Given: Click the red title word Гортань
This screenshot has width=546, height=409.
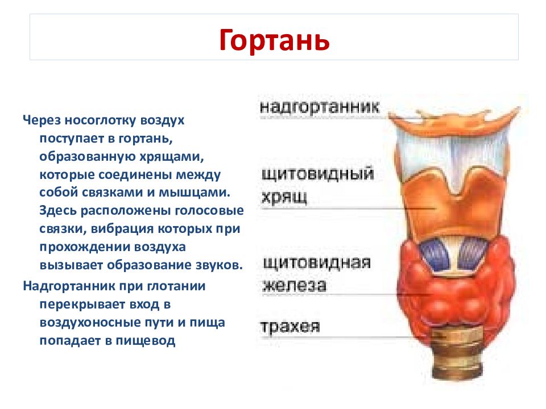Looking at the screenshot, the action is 274,40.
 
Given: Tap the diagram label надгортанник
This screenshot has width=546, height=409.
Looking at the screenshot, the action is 319,107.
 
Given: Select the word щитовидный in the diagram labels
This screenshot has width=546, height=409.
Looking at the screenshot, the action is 317,174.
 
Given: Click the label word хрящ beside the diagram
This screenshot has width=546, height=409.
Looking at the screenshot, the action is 284,197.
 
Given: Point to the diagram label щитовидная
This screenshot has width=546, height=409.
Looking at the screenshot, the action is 316,263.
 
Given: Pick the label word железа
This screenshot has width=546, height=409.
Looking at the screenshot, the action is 294,286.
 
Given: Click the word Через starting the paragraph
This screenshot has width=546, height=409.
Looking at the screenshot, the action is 42,120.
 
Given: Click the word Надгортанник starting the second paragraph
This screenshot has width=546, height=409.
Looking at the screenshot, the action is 69,286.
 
